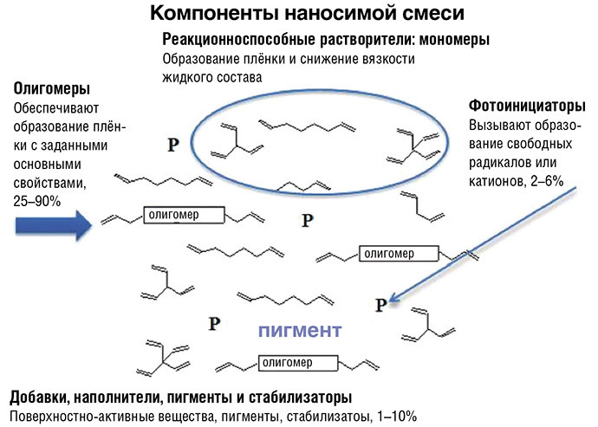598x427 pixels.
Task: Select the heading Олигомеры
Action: click(51, 89)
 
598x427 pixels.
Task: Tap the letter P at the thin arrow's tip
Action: click(380, 303)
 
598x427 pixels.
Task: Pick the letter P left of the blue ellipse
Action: click(173, 144)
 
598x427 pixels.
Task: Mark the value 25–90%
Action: click(33, 198)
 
